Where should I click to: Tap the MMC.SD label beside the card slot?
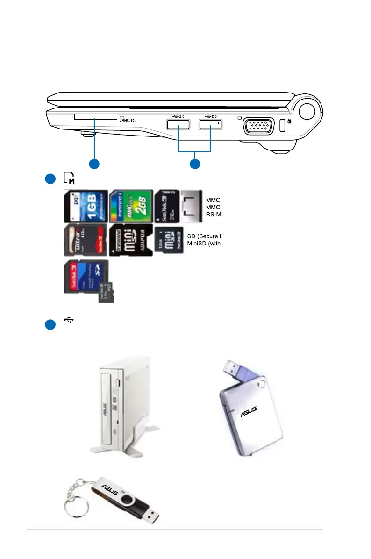pyautogui.click(x=128, y=120)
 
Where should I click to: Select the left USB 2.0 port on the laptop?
pyautogui.click(x=178, y=125)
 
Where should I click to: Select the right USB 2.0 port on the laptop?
pyautogui.click(x=211, y=125)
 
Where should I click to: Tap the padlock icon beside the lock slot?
pyautogui.click(x=290, y=121)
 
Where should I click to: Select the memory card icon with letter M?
pyautogui.click(x=69, y=178)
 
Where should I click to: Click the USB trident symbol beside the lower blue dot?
pyautogui.click(x=69, y=320)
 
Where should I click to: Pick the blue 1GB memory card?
pyautogui.click(x=86, y=206)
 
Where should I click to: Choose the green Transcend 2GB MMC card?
pyautogui.click(x=131, y=206)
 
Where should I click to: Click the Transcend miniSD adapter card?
pyautogui.click(x=131, y=240)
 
